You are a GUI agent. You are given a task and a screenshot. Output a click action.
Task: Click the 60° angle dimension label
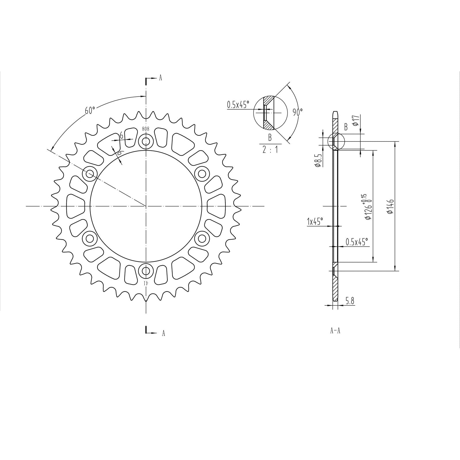click(x=90, y=110)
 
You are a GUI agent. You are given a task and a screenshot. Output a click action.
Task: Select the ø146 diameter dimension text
click(x=390, y=206)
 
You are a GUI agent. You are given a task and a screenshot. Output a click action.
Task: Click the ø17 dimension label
click(x=355, y=120)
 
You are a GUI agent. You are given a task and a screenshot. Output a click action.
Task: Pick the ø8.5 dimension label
click(x=318, y=160)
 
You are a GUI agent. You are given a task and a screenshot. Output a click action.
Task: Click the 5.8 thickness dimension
click(x=350, y=301)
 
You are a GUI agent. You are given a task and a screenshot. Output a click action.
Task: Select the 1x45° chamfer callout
click(x=315, y=221)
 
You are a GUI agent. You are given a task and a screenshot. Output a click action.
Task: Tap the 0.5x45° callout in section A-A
click(x=357, y=242)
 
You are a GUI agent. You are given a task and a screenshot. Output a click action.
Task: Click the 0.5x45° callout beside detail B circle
click(x=238, y=104)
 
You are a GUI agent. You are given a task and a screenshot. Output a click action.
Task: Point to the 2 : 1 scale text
click(x=270, y=150)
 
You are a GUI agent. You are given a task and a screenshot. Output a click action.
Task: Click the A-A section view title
click(x=335, y=331)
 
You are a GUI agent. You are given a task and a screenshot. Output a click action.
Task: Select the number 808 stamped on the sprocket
click(x=146, y=129)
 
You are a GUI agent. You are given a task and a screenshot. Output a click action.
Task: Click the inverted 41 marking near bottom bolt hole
click(x=146, y=283)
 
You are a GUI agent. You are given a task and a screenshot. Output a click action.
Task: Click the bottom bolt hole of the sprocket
click(x=146, y=271)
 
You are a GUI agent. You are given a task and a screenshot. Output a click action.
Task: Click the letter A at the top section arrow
click(x=160, y=78)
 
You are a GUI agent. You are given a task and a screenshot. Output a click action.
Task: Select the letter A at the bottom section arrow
click(x=163, y=333)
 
